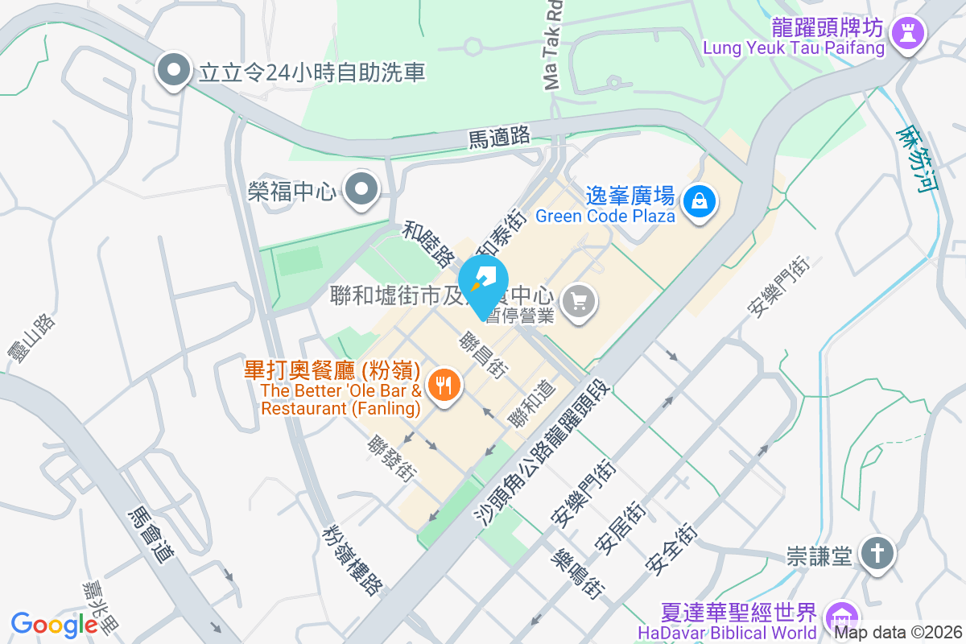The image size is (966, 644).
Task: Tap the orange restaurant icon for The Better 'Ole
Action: [x=443, y=386]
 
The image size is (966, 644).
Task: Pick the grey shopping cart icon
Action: [x=579, y=303]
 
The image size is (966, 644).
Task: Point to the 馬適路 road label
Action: [x=499, y=137]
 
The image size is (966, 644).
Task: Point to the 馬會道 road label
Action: [x=151, y=535]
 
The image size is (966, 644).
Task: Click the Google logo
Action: [x=54, y=624]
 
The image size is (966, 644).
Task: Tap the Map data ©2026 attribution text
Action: [x=897, y=632]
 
